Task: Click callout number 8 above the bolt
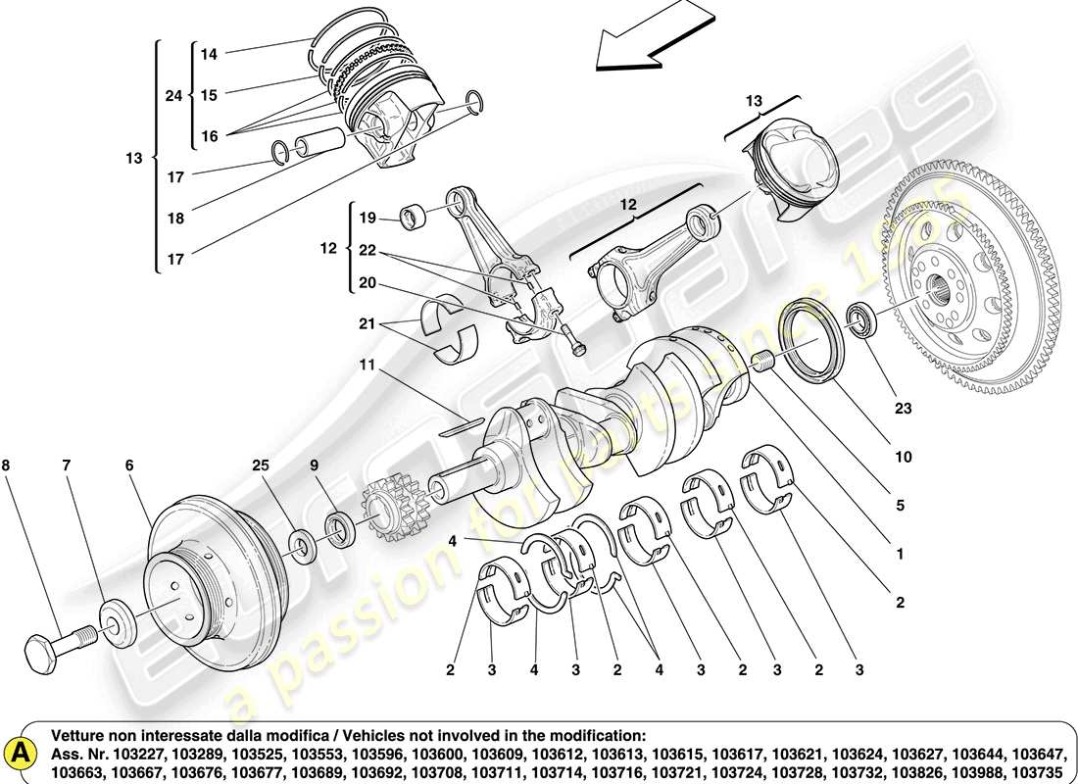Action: pos(7,465)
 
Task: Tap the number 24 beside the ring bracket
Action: pos(172,95)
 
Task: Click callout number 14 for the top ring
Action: pos(209,55)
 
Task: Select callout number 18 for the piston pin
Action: pos(174,219)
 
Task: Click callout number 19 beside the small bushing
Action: pos(367,218)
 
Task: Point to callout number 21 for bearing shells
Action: pos(367,323)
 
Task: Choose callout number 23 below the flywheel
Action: pos(902,408)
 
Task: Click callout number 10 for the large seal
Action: pos(902,457)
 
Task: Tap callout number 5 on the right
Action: pos(899,506)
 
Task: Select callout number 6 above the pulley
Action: pos(128,465)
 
